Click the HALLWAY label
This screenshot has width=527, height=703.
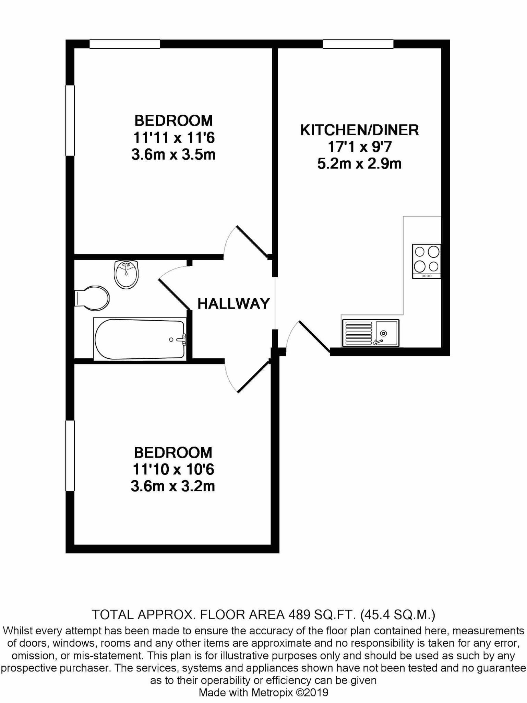233,304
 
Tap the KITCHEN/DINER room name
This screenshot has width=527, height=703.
359,130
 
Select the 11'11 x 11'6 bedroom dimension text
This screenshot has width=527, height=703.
173,138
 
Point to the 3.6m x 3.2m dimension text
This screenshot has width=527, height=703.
173,486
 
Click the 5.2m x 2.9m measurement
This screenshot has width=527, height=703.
359,164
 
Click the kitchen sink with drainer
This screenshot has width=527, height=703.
371,333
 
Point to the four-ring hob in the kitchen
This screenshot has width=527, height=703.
427,261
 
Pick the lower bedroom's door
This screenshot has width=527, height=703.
253,377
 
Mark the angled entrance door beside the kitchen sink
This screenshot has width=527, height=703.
314,336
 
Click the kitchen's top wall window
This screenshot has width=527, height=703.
358,44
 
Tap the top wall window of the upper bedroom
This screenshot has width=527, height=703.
125,44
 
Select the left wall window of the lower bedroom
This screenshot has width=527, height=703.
70,456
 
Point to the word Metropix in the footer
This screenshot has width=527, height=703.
272,693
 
